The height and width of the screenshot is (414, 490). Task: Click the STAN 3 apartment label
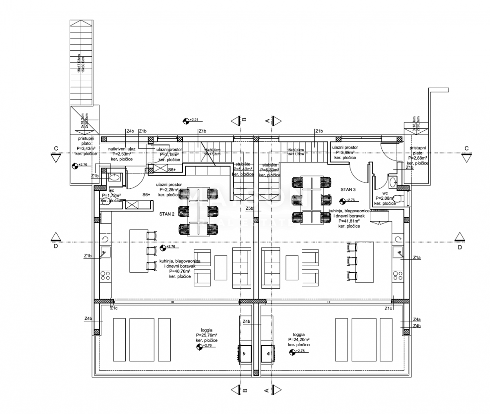coord(349,189)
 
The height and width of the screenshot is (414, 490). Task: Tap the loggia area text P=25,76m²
coord(206,335)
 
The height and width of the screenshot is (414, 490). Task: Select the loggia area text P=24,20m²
coord(298,340)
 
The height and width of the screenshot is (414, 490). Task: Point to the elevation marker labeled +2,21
coord(195,120)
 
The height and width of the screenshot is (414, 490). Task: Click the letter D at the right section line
coord(459,247)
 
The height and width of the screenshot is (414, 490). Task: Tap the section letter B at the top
coord(244,119)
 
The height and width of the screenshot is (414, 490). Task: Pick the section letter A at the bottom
coord(267,391)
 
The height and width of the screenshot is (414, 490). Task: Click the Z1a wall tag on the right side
coord(416,258)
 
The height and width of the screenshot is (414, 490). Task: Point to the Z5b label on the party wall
coord(250,209)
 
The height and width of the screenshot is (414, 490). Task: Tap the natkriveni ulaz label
coord(121,149)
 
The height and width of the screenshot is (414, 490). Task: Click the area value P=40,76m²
coord(180,271)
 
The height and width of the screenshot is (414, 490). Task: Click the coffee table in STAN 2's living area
coord(220,267)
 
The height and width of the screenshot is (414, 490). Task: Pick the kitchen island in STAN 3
coord(364,262)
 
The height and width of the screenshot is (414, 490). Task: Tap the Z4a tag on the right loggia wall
coord(416,320)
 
